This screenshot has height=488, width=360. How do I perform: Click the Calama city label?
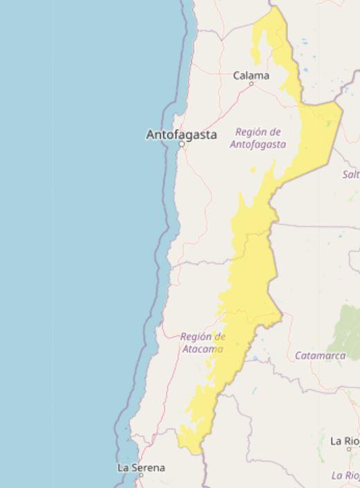[x=251, y=75]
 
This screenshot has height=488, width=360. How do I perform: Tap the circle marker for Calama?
[x=251, y=84]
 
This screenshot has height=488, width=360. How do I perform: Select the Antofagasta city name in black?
[x=181, y=134]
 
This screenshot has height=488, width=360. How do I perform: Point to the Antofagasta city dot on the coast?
[x=181, y=145]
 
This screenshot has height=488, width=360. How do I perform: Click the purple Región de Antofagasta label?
[x=258, y=138]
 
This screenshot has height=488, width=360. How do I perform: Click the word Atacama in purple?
[x=203, y=349]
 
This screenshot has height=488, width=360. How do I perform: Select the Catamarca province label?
[x=320, y=356]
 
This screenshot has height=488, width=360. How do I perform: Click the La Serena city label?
[x=141, y=468]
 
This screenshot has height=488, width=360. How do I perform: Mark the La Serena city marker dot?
[x=141, y=476]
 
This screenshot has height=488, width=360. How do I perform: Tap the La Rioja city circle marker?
[x=348, y=449]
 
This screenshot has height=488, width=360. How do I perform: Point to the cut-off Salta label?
[x=351, y=174]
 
